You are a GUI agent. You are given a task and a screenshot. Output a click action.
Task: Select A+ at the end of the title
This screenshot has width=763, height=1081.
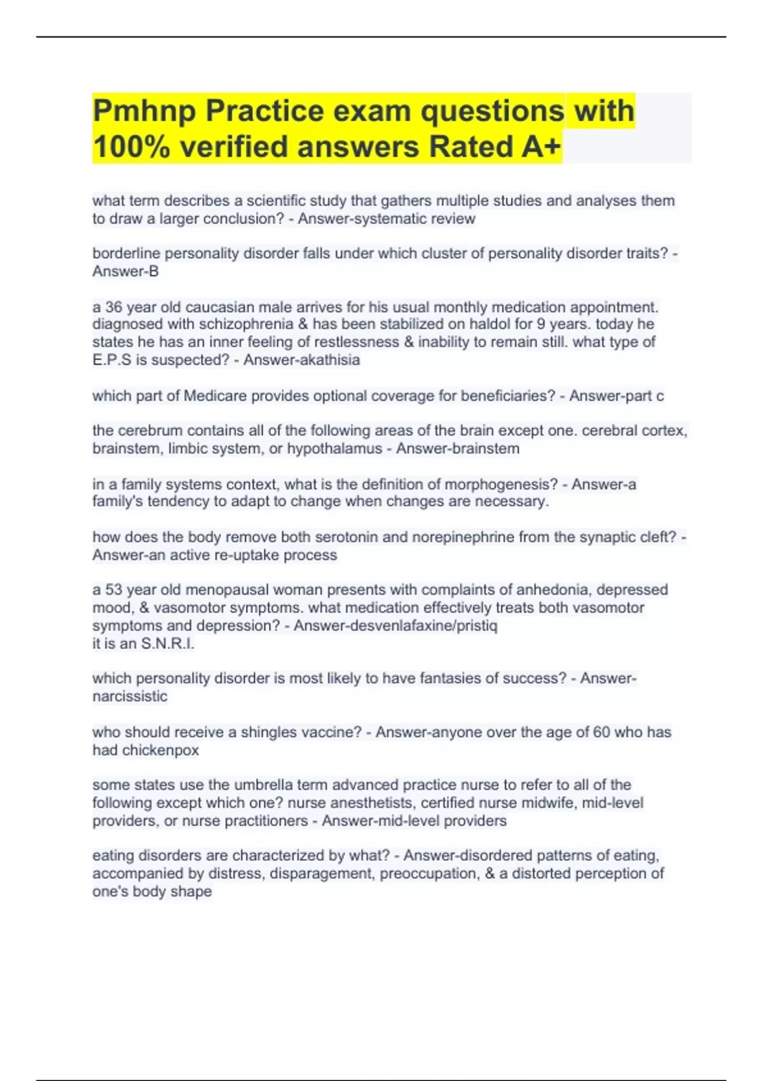click(541, 147)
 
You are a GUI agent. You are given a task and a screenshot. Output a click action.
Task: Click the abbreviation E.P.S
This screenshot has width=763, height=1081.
click(113, 360)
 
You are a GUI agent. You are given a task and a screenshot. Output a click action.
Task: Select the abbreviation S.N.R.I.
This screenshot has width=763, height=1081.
click(167, 644)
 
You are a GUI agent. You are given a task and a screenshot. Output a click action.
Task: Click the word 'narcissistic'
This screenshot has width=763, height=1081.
click(130, 696)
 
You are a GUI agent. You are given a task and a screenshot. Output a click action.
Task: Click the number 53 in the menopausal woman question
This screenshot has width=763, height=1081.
click(114, 589)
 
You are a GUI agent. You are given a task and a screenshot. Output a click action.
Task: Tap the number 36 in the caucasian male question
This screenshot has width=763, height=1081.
click(114, 307)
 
